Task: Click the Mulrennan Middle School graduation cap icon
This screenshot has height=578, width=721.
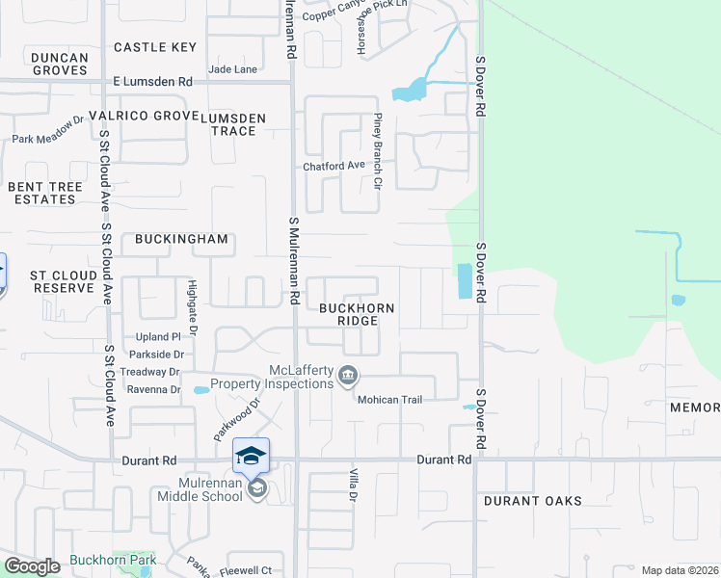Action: pyautogui.click(x=251, y=455)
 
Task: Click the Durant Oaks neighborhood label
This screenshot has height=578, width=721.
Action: pyautogui.click(x=534, y=501)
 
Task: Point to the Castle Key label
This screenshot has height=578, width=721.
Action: pyautogui.click(x=155, y=47)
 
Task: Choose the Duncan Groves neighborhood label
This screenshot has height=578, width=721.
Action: pyautogui.click(x=60, y=64)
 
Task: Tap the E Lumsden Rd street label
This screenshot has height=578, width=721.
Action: pyautogui.click(x=152, y=83)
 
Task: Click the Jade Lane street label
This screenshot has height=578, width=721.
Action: pyautogui.click(x=232, y=69)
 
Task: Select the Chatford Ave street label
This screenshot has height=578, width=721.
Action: pyautogui.click(x=334, y=166)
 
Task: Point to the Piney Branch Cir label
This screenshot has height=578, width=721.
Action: pyautogui.click(x=378, y=151)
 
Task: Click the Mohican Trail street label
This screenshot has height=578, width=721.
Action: pyautogui.click(x=390, y=399)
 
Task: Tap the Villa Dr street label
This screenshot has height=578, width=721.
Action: pyautogui.click(x=352, y=482)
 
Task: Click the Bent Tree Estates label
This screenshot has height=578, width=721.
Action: pyautogui.click(x=41, y=193)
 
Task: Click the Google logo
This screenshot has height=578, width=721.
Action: pyautogui.click(x=32, y=566)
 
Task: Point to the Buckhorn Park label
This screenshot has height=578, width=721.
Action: pyautogui.click(x=113, y=560)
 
